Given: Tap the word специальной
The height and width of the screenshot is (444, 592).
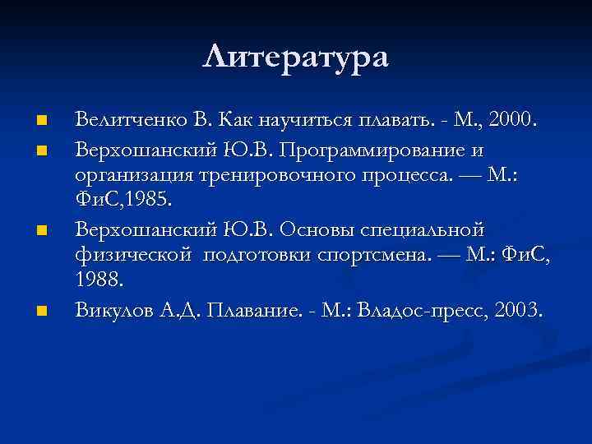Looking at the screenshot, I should pyautogui.click(x=437, y=229).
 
